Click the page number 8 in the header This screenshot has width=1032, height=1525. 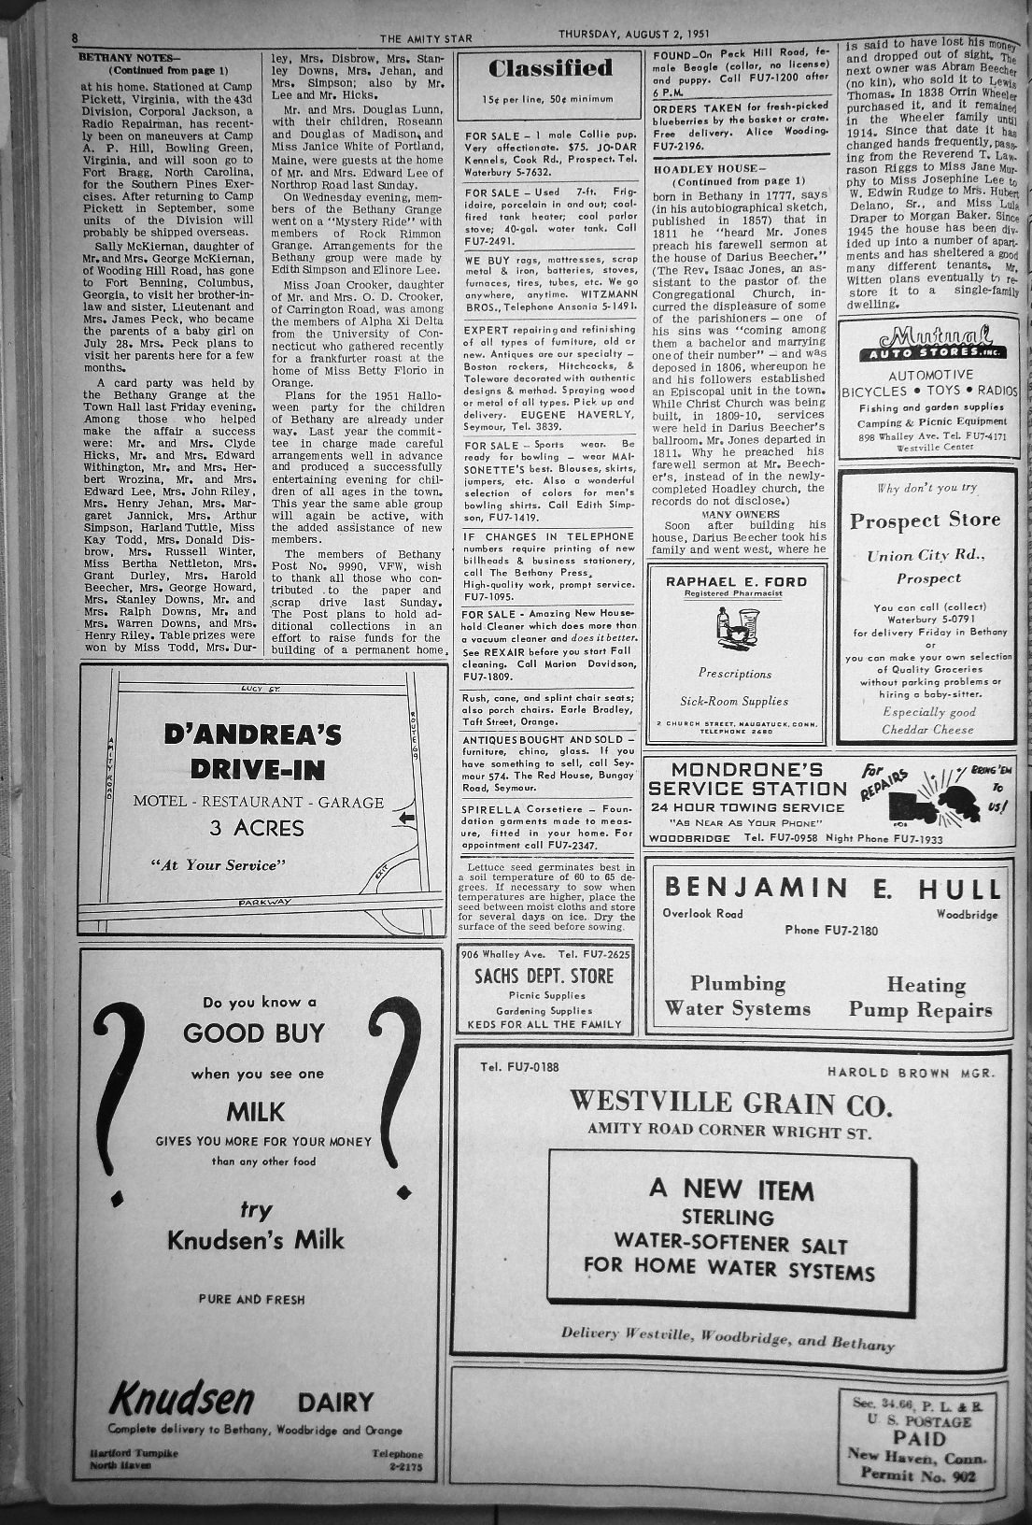pyautogui.click(x=74, y=38)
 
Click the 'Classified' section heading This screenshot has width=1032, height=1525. pyautogui.click(x=550, y=68)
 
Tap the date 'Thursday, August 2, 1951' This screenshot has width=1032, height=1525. pyautogui.click(x=634, y=34)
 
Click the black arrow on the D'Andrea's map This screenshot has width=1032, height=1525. pyautogui.click(x=406, y=819)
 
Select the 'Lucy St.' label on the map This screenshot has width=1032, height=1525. pyautogui.click(x=253, y=689)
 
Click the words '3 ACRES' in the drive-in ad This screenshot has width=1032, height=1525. pyautogui.click(x=256, y=828)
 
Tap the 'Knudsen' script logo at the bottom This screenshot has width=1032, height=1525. pyautogui.click(x=182, y=1399)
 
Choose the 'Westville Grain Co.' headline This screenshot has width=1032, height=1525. pyautogui.click(x=731, y=1105)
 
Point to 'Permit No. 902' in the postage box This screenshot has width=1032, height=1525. pyautogui.click(x=921, y=1475)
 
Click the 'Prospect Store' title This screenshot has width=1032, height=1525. pyautogui.click(x=925, y=520)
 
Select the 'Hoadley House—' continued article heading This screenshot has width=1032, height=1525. pyautogui.click(x=692, y=169)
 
